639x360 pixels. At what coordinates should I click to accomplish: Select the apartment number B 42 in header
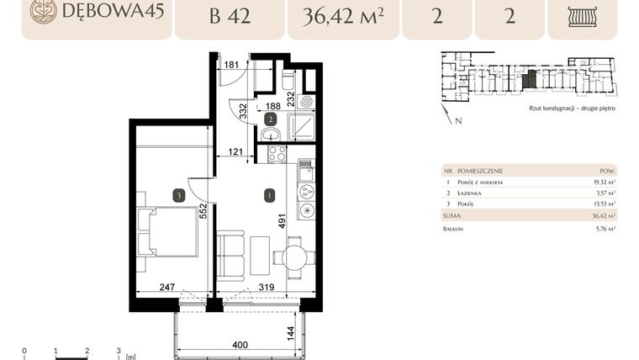click(x=230, y=15)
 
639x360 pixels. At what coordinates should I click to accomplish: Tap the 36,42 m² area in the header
click(x=342, y=15)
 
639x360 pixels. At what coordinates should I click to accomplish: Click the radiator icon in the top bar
click(x=582, y=16)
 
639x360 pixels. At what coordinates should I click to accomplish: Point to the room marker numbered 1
click(x=269, y=196)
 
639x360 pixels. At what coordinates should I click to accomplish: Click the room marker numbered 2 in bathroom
click(x=270, y=119)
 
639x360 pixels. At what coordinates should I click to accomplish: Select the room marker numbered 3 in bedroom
click(x=178, y=195)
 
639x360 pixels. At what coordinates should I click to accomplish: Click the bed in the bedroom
click(x=172, y=231)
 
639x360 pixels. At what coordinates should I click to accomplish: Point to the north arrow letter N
click(x=457, y=121)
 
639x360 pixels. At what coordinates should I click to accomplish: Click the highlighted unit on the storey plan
click(x=528, y=81)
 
